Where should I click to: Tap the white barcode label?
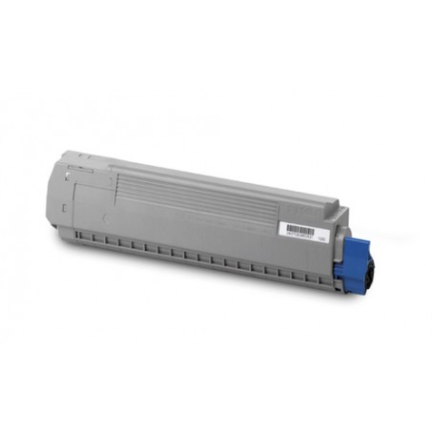click(302, 233)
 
